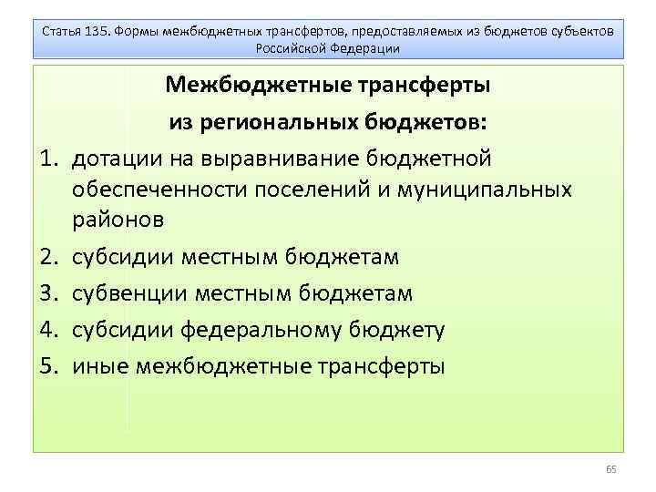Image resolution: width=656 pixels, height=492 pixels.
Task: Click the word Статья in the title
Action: coord(61,31)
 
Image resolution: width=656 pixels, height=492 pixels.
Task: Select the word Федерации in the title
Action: coord(366,46)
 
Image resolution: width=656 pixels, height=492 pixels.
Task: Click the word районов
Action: coord(119,220)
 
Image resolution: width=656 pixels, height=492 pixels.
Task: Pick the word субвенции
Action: coord(128,293)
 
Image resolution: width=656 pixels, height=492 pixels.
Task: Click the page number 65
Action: coord(611,468)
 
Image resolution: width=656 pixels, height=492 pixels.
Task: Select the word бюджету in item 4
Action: coord(402,330)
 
